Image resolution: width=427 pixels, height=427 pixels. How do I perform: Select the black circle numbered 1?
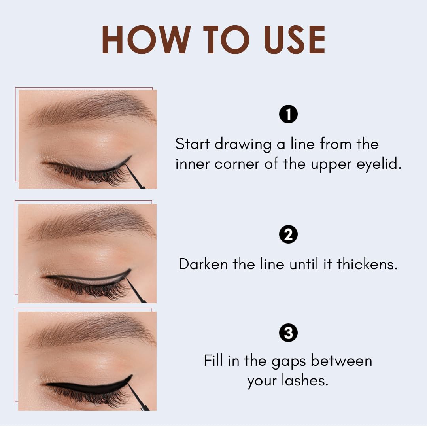(x=288, y=115)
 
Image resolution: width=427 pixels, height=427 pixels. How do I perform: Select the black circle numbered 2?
(x=288, y=235)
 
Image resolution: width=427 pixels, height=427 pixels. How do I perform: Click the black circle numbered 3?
(x=288, y=333)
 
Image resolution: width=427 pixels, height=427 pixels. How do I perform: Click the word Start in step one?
(x=193, y=144)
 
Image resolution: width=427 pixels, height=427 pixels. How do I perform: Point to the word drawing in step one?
(x=243, y=145)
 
